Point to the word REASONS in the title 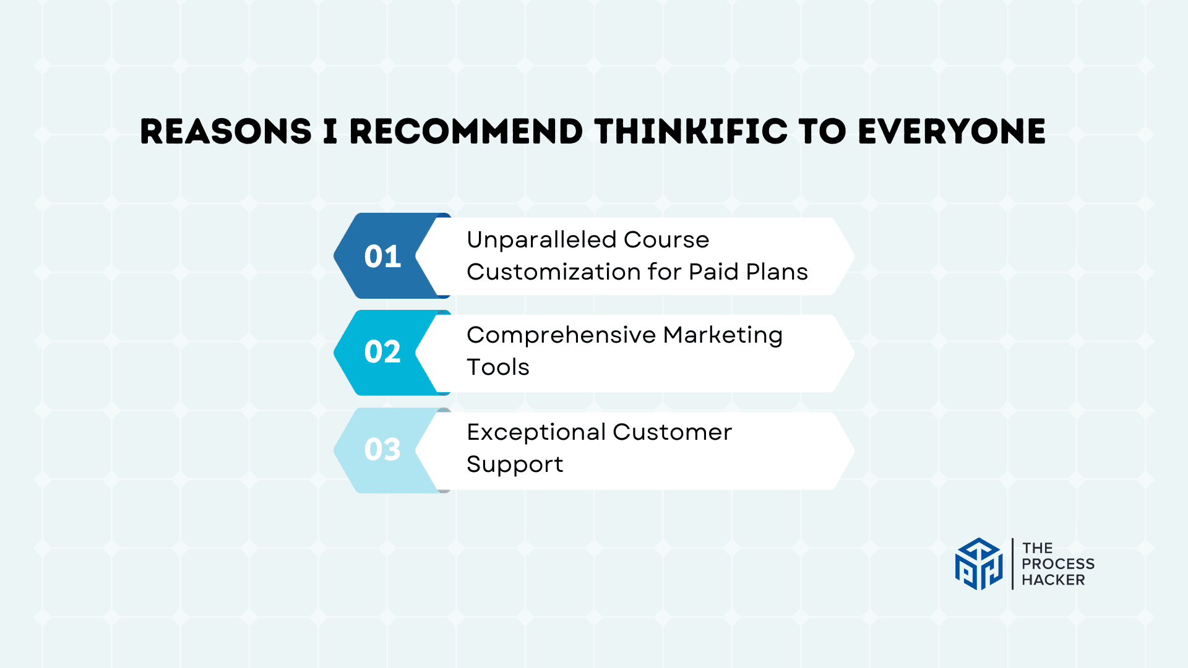[x=226, y=132]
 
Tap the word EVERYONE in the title [x=952, y=132]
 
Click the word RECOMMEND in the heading [x=466, y=132]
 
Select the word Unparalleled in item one [x=541, y=239]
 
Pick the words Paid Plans [x=748, y=272]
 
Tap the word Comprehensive [x=561, y=335]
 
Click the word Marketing [x=723, y=336]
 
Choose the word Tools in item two [x=498, y=367]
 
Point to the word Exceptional [x=536, y=433]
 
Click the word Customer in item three [x=672, y=432]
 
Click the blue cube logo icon [x=978, y=563]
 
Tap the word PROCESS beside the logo [x=1058, y=564]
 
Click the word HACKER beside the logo [x=1053, y=580]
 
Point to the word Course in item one [x=666, y=239]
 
